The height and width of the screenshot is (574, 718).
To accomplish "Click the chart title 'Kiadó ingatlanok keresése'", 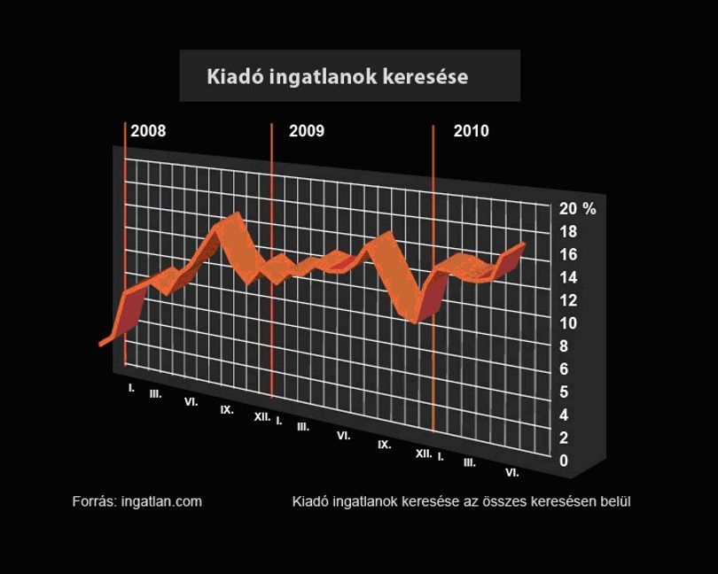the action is [x=338, y=76].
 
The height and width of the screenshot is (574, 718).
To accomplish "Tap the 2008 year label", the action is [x=148, y=131].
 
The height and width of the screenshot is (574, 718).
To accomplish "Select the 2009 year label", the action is [x=307, y=131].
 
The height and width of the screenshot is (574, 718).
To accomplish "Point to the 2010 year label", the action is [x=472, y=131].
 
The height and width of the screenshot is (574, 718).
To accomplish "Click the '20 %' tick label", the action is [x=577, y=209].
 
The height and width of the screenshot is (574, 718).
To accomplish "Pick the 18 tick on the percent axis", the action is [x=568, y=231].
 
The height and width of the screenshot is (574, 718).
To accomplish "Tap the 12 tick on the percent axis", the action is [x=568, y=300].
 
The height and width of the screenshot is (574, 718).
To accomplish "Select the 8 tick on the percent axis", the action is [x=564, y=346].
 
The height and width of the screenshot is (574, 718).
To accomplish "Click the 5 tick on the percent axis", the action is [x=564, y=392].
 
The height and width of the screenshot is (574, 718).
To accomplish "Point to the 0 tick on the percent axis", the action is [x=564, y=461].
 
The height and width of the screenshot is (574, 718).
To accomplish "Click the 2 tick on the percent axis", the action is [x=564, y=438].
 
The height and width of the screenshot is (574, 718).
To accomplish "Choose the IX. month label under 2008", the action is [x=227, y=409].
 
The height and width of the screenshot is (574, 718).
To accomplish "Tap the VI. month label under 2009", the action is [x=344, y=436].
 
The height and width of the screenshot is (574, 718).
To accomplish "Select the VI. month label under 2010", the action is [x=512, y=472].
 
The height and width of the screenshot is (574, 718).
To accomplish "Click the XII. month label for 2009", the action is [x=424, y=454].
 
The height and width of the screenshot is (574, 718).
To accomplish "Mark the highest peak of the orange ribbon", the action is [x=237, y=213].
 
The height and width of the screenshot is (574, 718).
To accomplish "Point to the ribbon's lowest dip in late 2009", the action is [x=415, y=322].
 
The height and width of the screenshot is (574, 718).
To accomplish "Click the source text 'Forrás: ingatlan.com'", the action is [x=137, y=501].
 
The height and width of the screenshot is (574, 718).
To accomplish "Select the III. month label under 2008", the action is [x=156, y=393].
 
